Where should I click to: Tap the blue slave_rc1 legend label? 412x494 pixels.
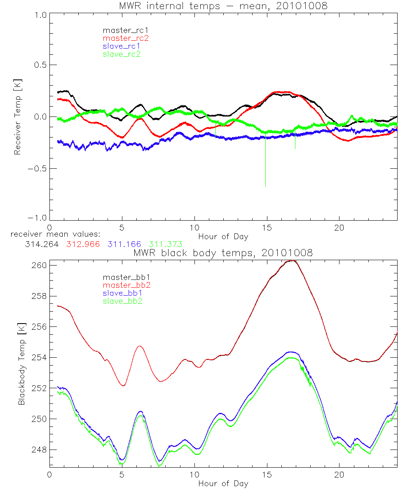[x=122, y=46]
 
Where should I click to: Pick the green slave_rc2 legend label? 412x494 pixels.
[x=122, y=54]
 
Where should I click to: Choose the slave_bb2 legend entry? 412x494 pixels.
[x=122, y=301]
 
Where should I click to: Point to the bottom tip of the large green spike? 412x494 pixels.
[x=265, y=186]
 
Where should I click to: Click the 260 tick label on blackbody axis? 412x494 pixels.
[x=38, y=266]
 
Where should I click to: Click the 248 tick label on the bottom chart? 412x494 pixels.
[x=38, y=450]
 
